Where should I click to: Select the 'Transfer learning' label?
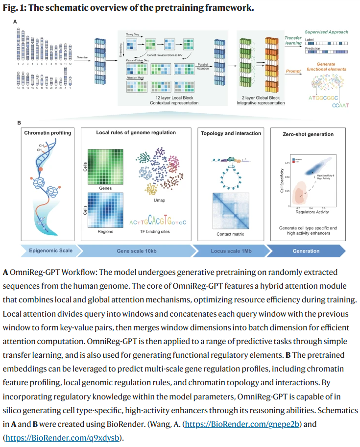(294, 40)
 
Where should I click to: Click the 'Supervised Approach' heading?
(327, 32)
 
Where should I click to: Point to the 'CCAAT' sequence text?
(339, 105)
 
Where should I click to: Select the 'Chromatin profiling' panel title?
(48, 133)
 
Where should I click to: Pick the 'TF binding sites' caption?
(158, 231)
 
